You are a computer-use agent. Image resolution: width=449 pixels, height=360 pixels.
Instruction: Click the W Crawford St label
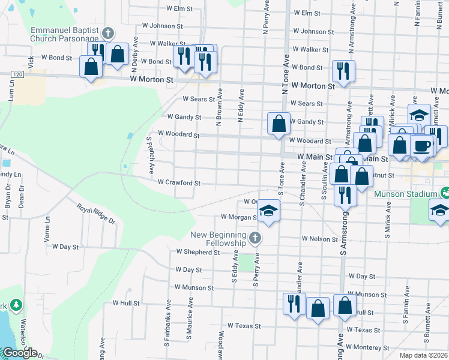coord(178,182)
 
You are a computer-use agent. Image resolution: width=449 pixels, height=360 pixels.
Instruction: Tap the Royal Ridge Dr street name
coord(95,212)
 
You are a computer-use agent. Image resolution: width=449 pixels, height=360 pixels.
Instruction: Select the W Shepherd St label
coord(197,253)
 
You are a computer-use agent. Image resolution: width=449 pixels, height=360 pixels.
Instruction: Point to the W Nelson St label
coord(320,239)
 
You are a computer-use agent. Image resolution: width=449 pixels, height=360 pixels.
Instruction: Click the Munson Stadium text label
coord(404,194)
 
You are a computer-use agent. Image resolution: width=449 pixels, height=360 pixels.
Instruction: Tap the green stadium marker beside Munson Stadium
coord(445,193)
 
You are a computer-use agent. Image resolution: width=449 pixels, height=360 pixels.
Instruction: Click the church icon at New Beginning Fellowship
coord(255,239)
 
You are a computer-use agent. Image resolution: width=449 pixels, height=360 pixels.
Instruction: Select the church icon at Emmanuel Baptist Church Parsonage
coord(108,33)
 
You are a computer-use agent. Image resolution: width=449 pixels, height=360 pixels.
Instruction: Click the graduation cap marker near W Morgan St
coord(268,211)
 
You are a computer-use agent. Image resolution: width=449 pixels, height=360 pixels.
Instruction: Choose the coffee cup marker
coord(422,146)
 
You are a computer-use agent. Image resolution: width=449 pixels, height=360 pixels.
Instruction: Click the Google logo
coord(19,353)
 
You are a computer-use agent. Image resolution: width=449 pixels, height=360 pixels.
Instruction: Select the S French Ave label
coord(151,155)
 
